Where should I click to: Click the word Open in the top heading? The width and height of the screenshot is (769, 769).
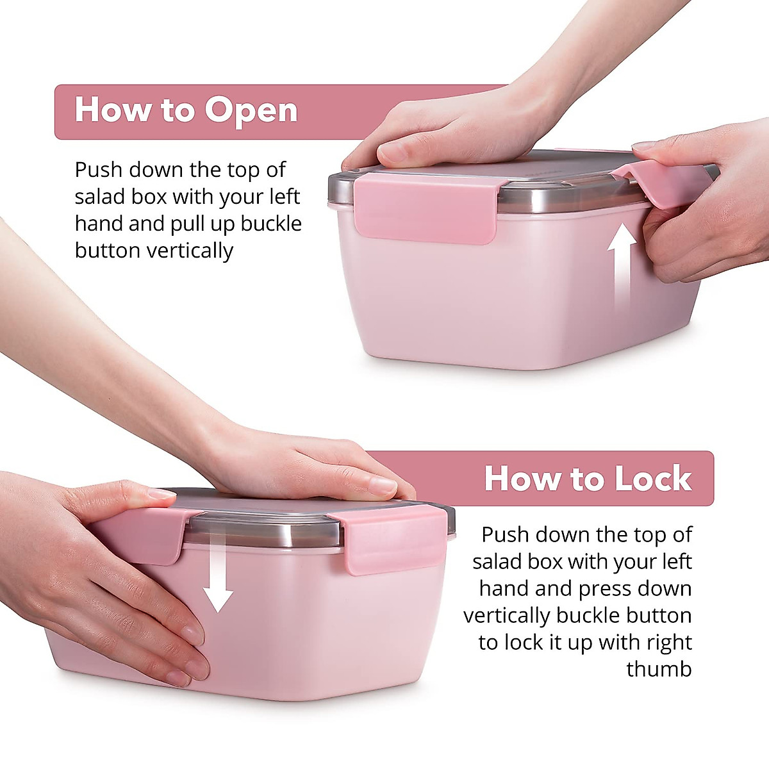point(252,112)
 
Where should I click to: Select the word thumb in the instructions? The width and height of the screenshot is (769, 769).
point(659,669)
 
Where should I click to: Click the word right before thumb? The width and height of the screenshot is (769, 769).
point(667,643)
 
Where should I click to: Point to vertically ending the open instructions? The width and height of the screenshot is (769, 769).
point(154,251)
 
